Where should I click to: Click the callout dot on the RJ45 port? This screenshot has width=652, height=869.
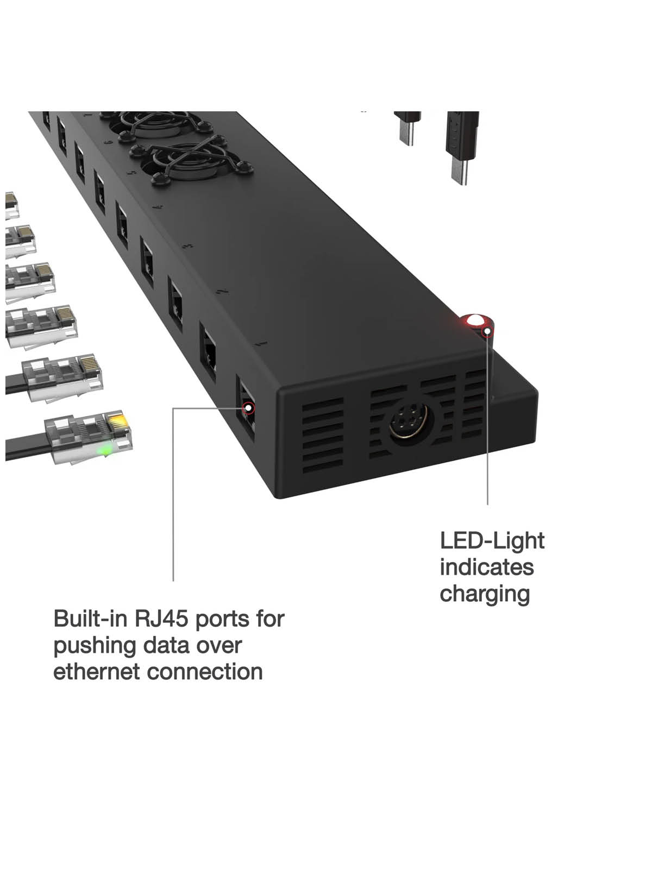click(248, 408)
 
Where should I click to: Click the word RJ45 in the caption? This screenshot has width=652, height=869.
click(161, 619)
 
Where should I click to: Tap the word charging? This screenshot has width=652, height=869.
click(485, 594)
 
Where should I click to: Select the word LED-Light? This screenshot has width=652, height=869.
click(492, 541)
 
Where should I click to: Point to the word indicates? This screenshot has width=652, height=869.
click(486, 568)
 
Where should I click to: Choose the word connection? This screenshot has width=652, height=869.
click(205, 672)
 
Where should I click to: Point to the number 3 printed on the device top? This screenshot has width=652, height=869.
click(187, 245)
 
